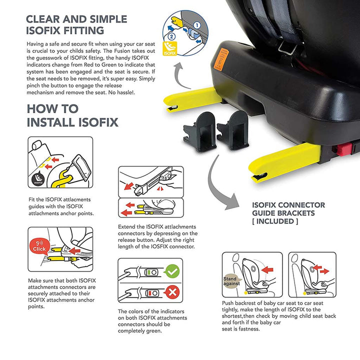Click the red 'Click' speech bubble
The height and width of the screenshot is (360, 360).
coord(39,246)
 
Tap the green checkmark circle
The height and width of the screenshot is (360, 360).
coord(172,271)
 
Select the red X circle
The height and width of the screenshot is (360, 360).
coord(172,292)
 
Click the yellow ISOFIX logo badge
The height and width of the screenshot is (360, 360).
coord(170,48)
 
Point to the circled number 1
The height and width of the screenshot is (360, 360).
coord(197,25)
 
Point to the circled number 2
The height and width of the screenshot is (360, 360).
coord(171,36)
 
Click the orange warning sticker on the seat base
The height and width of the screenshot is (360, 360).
coord(221,59)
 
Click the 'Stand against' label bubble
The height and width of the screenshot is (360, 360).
coord(232,281)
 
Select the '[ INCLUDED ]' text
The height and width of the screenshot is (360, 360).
coord(275,221)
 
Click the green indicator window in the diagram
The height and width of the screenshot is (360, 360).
coord(148,272)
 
